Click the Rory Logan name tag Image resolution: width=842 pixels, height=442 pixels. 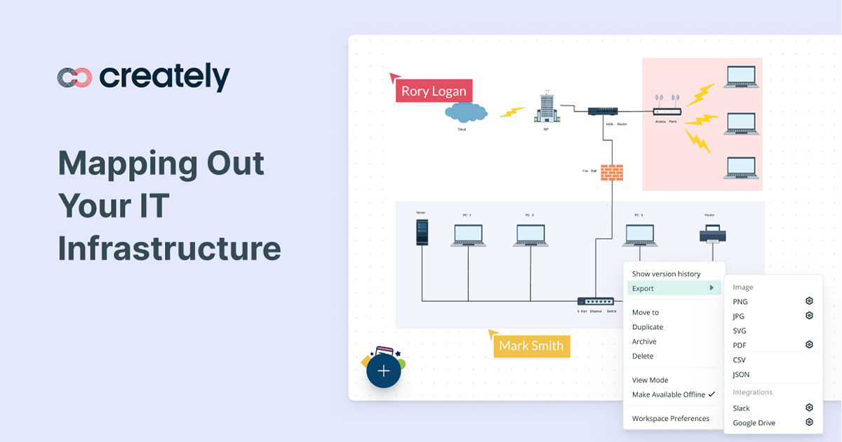click(434, 91)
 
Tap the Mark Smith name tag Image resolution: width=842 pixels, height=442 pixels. click(531, 346)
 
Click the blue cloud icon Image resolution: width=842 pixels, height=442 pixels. click(465, 112)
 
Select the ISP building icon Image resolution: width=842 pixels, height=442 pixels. click(547, 109)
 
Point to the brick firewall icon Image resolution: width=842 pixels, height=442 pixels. click(612, 173)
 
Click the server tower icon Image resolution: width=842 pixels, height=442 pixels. click(422, 232)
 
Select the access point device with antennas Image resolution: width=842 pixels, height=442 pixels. click(667, 109)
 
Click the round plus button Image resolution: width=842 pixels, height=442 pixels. click(383, 371)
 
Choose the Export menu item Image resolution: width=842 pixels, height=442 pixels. click(643, 288)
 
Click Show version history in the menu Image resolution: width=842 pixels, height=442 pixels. click(666, 274)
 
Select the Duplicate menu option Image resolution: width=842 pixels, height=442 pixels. click(648, 327)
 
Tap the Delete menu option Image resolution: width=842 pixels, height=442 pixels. click(643, 356)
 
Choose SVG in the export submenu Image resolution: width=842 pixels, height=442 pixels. click(740, 331)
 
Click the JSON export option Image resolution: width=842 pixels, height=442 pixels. click(741, 375)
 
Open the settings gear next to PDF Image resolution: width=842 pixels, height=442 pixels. click(809, 344)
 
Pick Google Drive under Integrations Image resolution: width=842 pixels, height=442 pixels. click(754, 423)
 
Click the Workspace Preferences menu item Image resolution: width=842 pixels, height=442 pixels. click(670, 419)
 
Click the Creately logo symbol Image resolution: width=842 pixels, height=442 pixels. click(74, 78)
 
